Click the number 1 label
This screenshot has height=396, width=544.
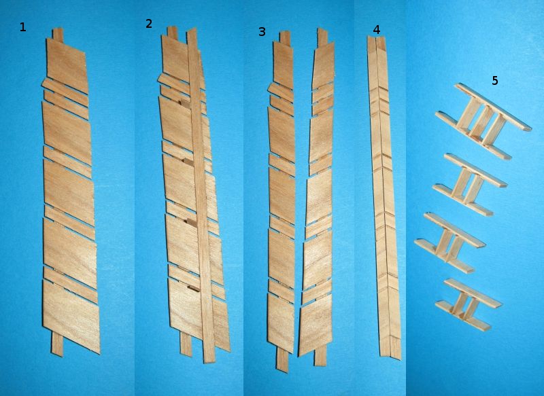tap(22, 27)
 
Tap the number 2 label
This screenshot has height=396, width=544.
tap(148, 24)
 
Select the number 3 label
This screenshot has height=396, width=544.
tap(262, 32)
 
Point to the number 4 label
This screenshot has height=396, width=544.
tap(377, 30)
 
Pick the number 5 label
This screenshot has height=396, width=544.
tap(495, 81)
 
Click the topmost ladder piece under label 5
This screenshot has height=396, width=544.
tap(483, 122)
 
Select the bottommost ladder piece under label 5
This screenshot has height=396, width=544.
tap(469, 304)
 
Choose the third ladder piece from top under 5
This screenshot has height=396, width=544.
tap(450, 242)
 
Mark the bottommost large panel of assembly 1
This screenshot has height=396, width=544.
tap(71, 316)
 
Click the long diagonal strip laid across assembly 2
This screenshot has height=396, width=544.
tap(201, 196)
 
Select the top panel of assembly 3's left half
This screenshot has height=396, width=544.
tap(283, 64)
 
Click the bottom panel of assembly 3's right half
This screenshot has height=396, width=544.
tap(315, 329)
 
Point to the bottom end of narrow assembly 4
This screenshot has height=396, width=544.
tap(390, 357)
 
